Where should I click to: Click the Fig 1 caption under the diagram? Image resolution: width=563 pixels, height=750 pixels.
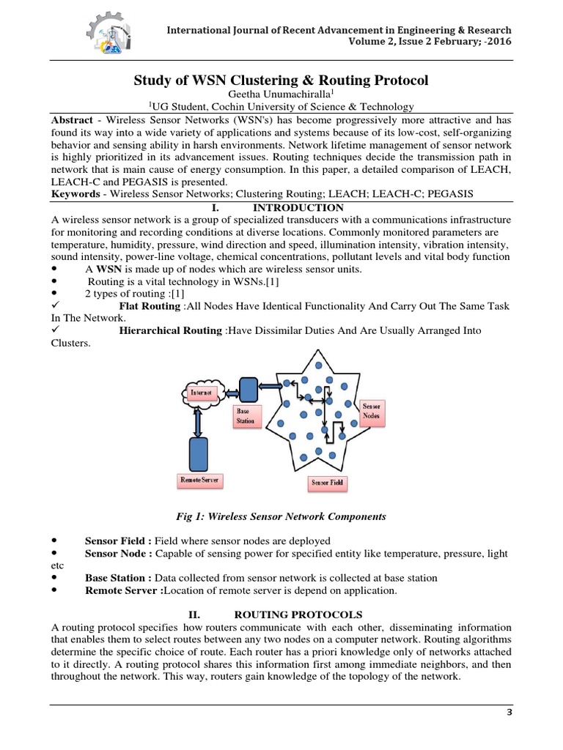tap(281, 516)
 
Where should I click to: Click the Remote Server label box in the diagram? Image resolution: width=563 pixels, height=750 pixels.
tap(199, 480)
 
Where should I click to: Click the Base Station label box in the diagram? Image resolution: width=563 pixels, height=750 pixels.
tap(246, 416)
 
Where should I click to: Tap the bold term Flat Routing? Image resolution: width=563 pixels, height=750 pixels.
tap(150, 305)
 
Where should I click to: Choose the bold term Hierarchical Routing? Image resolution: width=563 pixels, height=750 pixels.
tap(172, 330)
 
